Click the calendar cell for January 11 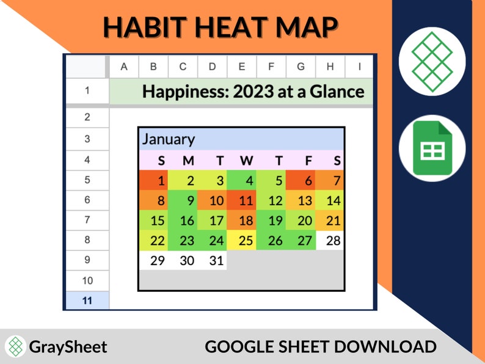(246, 200)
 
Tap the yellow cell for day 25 (246, 240)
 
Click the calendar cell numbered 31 (216, 260)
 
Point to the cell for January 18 (246, 220)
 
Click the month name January (169, 139)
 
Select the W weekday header (246, 161)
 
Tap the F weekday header (307, 161)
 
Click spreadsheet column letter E (242, 66)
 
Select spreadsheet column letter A (124, 66)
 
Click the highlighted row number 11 (87, 300)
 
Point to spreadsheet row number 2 (87, 117)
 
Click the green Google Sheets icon (432, 148)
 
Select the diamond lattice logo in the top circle (432, 60)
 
